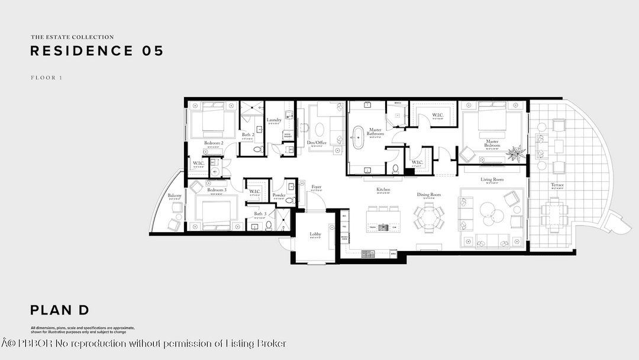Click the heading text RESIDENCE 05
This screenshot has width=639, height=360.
(x=96, y=51)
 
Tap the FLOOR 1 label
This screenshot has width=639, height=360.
(x=47, y=78)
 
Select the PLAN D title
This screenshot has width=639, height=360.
(x=60, y=310)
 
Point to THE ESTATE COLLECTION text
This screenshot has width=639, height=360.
(x=72, y=37)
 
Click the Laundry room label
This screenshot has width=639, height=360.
(x=274, y=120)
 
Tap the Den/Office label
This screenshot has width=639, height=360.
(x=317, y=143)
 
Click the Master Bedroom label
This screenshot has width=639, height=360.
(x=492, y=143)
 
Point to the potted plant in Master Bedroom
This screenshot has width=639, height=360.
(x=516, y=153)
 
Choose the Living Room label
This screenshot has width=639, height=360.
(x=492, y=179)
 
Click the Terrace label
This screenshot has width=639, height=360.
(x=557, y=185)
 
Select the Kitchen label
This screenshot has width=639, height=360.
(x=383, y=190)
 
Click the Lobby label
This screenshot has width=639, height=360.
(x=315, y=234)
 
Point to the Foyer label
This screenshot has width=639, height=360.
(x=317, y=187)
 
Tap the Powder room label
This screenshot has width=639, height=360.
(x=279, y=195)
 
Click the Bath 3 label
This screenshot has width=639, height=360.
(x=260, y=214)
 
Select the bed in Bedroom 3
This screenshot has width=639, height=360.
(x=215, y=213)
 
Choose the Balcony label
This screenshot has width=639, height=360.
(x=174, y=195)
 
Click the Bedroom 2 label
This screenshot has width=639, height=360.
(x=214, y=143)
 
